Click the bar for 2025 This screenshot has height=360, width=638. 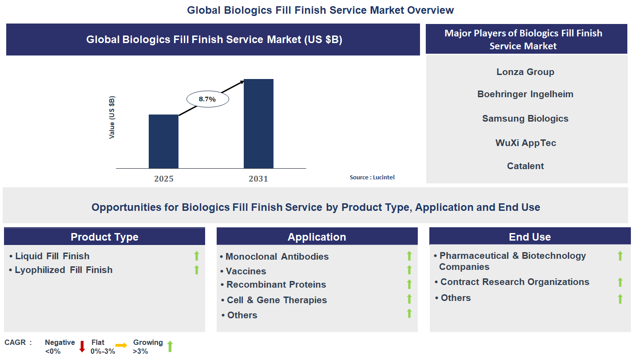163,142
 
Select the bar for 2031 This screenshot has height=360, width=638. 258,124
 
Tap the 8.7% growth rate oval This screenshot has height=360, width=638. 207,99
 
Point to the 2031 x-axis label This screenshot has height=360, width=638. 258,179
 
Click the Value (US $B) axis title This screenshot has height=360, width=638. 112,117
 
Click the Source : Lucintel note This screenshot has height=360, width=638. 372,177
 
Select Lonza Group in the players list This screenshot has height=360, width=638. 525,72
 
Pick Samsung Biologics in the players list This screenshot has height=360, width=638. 525,119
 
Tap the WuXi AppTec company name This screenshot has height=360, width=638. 526,143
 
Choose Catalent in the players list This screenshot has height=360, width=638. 525,166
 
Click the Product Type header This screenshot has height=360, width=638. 104,237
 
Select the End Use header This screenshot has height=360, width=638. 530,237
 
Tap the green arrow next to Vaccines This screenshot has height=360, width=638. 409,270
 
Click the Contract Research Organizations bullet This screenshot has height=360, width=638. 515,282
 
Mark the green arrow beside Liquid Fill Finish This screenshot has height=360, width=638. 197,256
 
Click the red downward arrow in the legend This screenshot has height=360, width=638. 82,346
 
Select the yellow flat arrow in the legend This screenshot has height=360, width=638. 121,345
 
